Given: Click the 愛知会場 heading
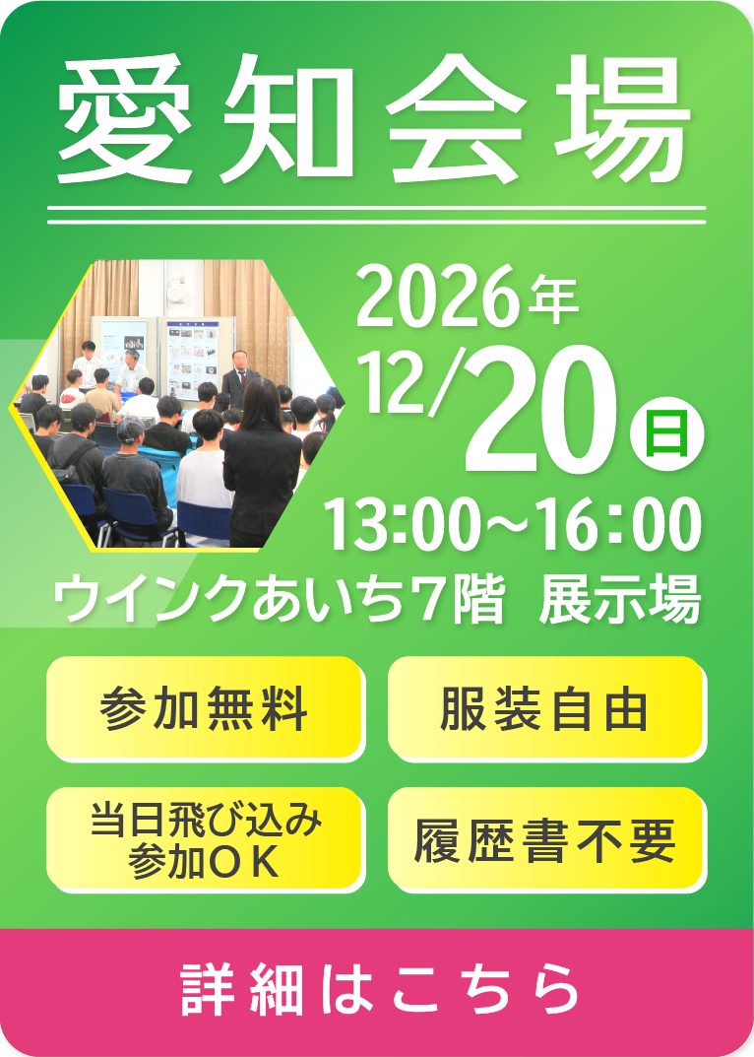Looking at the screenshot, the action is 375,120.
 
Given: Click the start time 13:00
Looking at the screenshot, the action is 400,525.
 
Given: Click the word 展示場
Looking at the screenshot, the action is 620,599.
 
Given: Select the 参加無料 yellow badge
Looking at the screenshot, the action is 206,708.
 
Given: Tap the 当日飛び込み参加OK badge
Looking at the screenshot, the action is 206,840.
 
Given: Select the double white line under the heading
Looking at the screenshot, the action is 377,215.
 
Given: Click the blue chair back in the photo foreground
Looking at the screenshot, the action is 203,519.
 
